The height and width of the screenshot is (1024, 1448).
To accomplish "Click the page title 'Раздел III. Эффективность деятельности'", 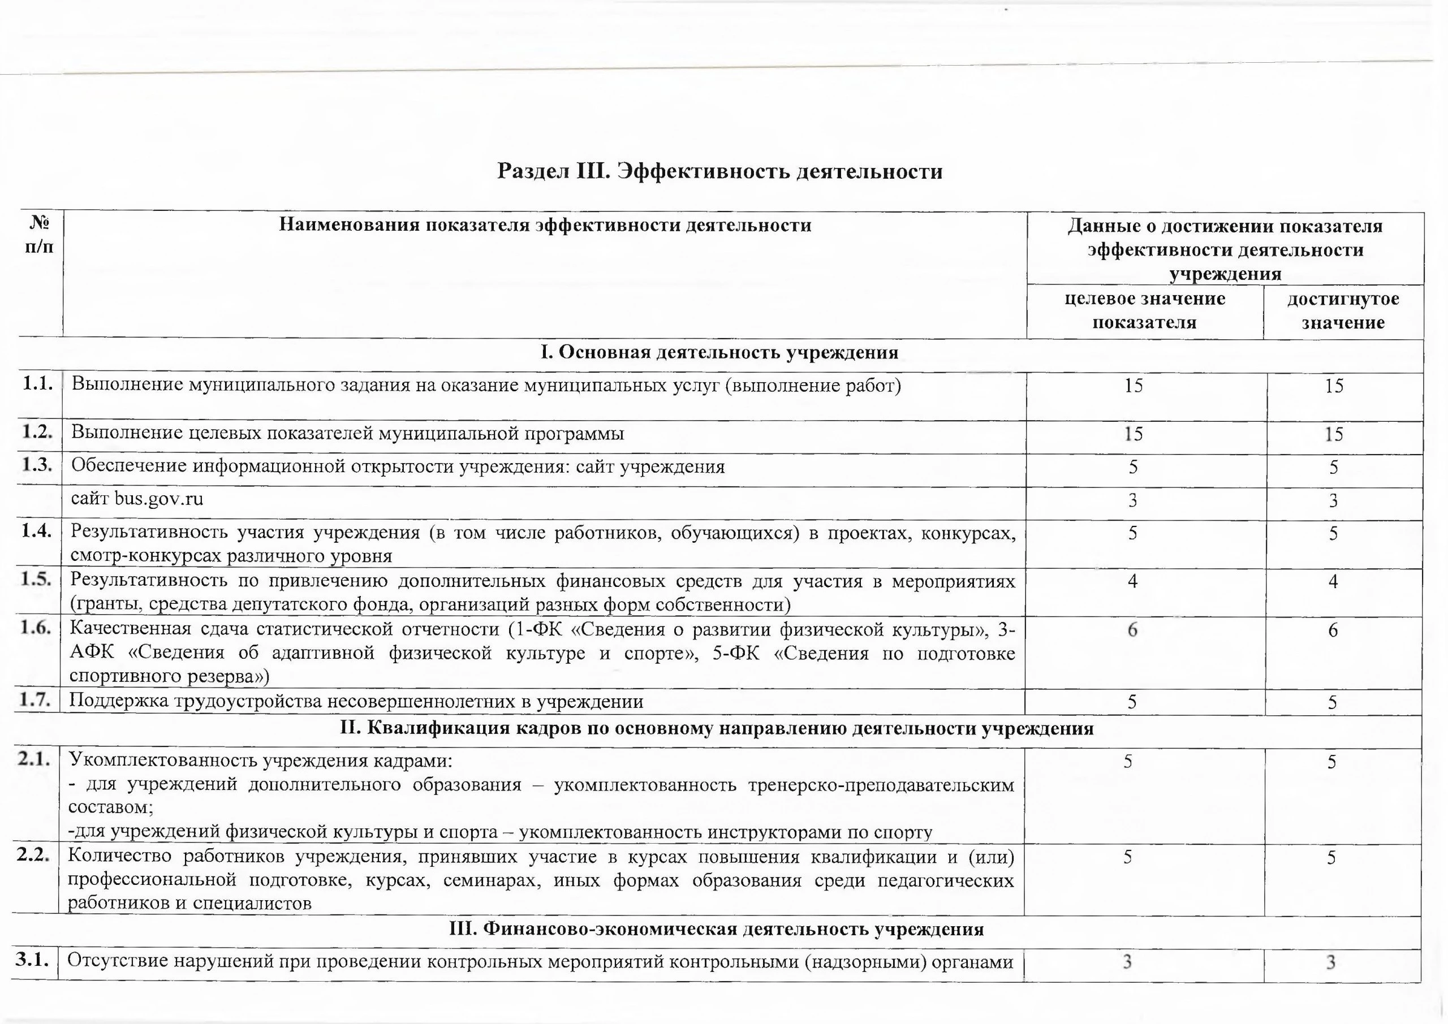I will click(x=719, y=171).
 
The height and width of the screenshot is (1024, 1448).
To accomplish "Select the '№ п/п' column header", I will click(x=40, y=235).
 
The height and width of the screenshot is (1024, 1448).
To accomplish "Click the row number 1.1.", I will click(x=37, y=383).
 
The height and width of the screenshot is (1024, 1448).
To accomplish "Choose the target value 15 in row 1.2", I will click(x=1134, y=434).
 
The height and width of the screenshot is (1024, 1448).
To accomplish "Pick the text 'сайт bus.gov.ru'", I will click(x=137, y=499).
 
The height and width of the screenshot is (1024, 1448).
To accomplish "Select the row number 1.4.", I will click(x=36, y=532).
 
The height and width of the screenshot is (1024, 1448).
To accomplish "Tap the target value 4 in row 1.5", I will click(x=1133, y=581).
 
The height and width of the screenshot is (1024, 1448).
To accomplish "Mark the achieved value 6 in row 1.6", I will click(x=1333, y=630).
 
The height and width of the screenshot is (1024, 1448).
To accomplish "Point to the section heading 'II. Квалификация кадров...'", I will click(x=717, y=729).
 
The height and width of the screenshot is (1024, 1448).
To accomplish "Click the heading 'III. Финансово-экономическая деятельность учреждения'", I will click(x=716, y=930).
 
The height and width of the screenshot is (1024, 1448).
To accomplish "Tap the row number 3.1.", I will click(x=32, y=960).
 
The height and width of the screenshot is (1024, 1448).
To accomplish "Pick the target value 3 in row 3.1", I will click(x=1127, y=962).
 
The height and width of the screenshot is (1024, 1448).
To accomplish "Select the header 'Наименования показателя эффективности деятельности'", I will click(x=545, y=225).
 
